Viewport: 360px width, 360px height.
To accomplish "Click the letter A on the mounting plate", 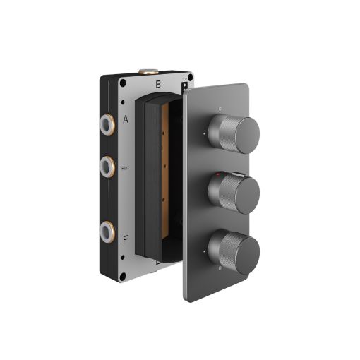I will tap(125, 119).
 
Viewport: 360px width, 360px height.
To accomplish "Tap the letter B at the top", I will tap(158, 84).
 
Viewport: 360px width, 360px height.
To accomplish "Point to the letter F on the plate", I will tap(125, 240).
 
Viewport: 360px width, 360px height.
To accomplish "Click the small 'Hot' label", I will tap(125, 168).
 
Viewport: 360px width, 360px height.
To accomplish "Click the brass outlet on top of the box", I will tap(150, 72).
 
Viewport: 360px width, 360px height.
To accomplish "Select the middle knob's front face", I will tap(244, 193).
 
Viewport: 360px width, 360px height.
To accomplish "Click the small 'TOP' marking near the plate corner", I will tap(185, 80).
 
